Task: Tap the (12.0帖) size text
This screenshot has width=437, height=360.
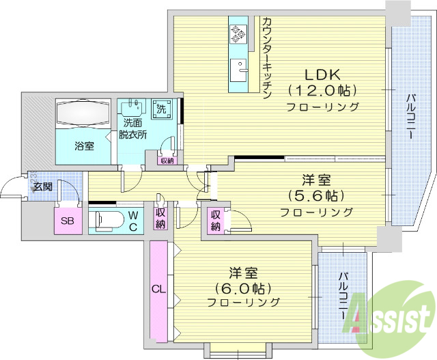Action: point(322,90)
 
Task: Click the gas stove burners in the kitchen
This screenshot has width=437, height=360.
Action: point(238,33)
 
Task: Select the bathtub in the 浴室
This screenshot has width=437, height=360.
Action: point(82,113)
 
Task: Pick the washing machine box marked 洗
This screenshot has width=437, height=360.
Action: point(162,109)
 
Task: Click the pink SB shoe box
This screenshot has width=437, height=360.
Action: point(68,220)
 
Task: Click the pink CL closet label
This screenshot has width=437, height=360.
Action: point(158,290)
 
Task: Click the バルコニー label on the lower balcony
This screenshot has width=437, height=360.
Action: point(343,298)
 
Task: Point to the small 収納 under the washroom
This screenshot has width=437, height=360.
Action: point(167,161)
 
